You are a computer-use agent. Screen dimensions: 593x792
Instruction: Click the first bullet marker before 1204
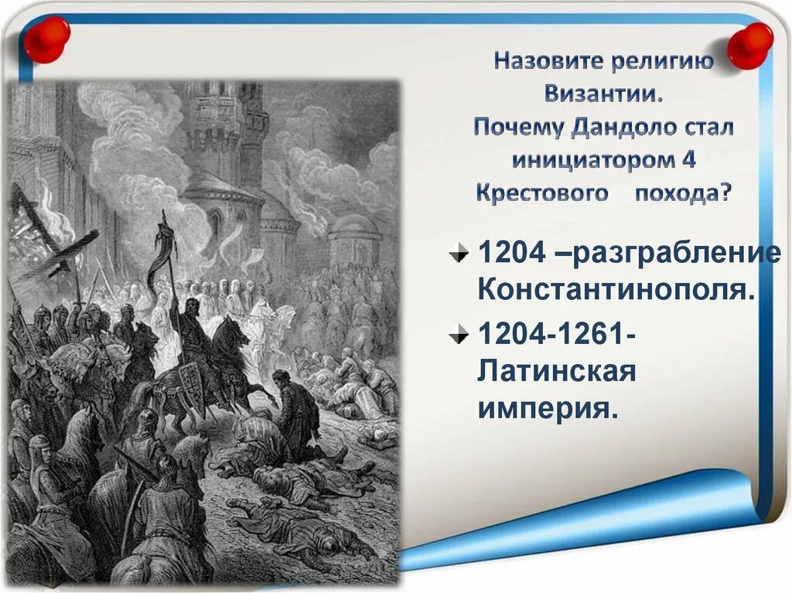click(460, 252)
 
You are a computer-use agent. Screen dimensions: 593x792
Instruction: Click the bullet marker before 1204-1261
click(460, 335)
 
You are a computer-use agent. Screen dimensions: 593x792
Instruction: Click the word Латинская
click(556, 372)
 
